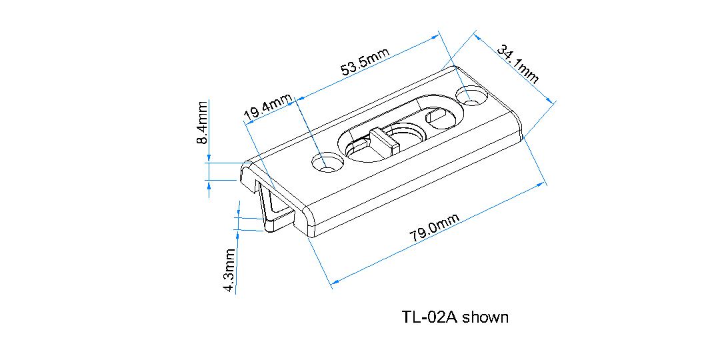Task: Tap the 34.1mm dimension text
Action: [517, 63]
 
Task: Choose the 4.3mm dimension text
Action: [229, 270]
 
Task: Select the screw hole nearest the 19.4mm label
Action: [327, 163]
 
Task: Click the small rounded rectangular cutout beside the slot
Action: [439, 119]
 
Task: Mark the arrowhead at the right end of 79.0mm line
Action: [543, 183]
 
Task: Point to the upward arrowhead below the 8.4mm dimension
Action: [209, 187]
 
